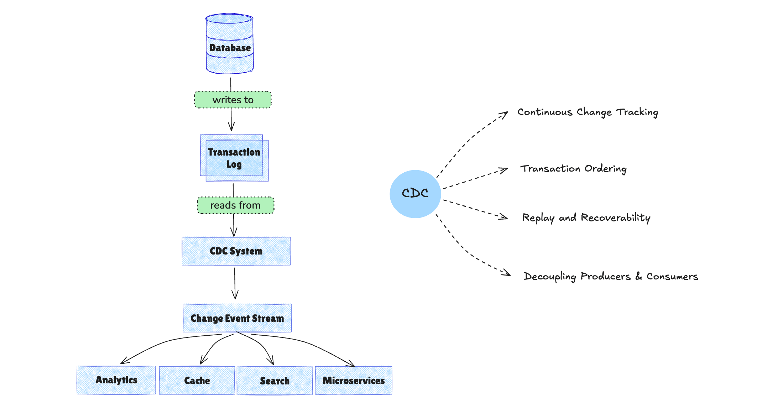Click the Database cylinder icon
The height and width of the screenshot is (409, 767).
click(230, 44)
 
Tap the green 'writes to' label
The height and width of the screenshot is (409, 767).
click(233, 100)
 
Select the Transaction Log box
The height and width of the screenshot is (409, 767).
click(234, 158)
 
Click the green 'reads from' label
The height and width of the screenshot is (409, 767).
click(235, 205)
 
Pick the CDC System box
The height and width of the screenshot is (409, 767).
click(236, 251)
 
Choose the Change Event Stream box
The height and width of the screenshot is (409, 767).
click(237, 318)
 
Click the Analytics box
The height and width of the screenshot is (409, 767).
click(116, 380)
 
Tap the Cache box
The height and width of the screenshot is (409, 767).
click(197, 381)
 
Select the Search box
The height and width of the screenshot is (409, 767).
click(275, 381)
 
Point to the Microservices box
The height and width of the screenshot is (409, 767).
click(354, 381)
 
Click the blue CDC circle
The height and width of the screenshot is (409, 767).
click(415, 194)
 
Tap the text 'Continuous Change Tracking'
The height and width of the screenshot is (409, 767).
click(588, 112)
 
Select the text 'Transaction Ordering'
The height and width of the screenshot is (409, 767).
click(573, 169)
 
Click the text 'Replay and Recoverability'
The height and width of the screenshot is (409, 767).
click(586, 217)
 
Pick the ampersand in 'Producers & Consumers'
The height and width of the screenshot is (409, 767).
click(639, 276)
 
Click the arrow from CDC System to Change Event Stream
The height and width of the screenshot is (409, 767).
click(235, 283)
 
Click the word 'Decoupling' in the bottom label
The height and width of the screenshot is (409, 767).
click(549, 277)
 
